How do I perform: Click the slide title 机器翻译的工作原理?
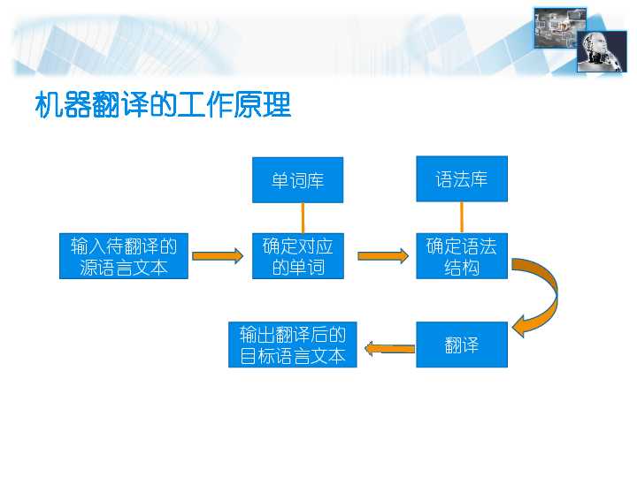tap(163, 106)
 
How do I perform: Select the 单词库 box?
tap(297, 180)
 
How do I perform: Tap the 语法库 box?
tap(461, 179)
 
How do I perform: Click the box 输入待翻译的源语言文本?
tap(124, 256)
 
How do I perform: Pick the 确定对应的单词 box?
tap(297, 256)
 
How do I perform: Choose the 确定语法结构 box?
tap(461, 256)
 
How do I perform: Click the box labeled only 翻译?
tap(461, 344)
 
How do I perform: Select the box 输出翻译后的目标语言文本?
tap(292, 344)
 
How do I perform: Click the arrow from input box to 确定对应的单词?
tap(218, 256)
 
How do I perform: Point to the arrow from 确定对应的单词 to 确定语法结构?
tap(383, 256)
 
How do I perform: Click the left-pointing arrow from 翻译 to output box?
tap(389, 349)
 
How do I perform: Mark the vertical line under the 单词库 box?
tap(303, 217)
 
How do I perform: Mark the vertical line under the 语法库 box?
tap(461, 217)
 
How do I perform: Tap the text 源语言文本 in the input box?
tap(124, 268)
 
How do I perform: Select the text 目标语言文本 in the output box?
tap(292, 357)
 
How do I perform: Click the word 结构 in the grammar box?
tap(461, 268)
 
